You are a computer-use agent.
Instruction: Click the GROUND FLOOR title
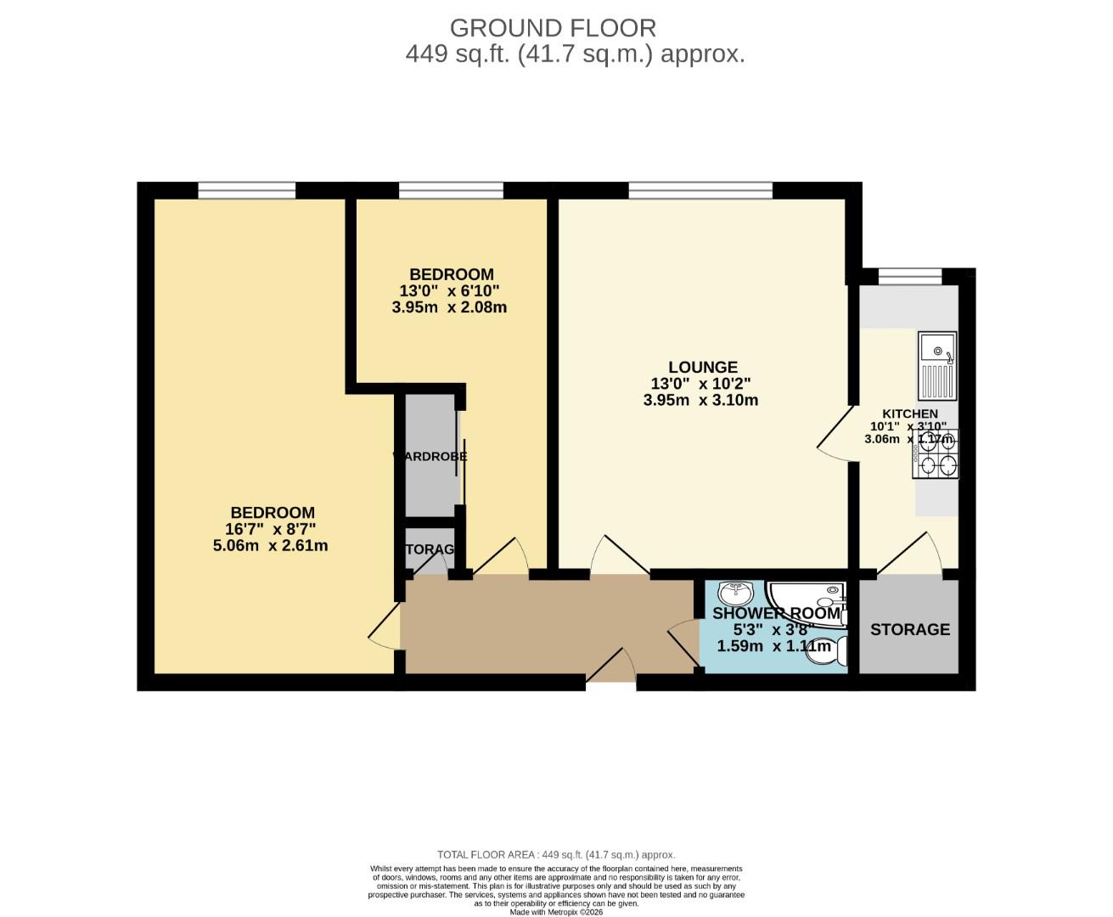pyautogui.click(x=553, y=28)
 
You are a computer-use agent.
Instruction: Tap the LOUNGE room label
pyautogui.click(x=702, y=368)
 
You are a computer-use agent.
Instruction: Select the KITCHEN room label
pyautogui.click(x=909, y=413)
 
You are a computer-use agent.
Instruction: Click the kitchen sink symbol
pyautogui.click(x=937, y=366)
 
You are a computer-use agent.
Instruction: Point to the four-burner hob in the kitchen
pyautogui.click(x=936, y=453)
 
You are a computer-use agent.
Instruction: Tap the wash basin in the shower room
pyautogui.click(x=734, y=591)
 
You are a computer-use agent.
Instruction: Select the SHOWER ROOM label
pyautogui.click(x=776, y=614)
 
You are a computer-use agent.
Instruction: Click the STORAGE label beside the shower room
pyautogui.click(x=909, y=629)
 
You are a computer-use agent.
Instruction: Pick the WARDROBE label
pyautogui.click(x=430, y=456)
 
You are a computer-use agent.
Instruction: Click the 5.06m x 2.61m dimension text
pyautogui.click(x=270, y=546)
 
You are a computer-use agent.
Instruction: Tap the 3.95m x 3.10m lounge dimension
pyautogui.click(x=700, y=400)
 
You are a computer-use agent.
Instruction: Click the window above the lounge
pyautogui.click(x=700, y=190)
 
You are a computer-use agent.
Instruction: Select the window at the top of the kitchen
pyautogui.click(x=909, y=276)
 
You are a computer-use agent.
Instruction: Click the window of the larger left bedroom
pyautogui.click(x=247, y=190)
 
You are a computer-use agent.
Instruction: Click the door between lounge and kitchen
pyautogui.click(x=836, y=433)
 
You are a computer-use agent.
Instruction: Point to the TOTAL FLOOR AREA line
pyautogui.click(x=556, y=855)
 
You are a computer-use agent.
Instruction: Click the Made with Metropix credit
pyautogui.click(x=556, y=912)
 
